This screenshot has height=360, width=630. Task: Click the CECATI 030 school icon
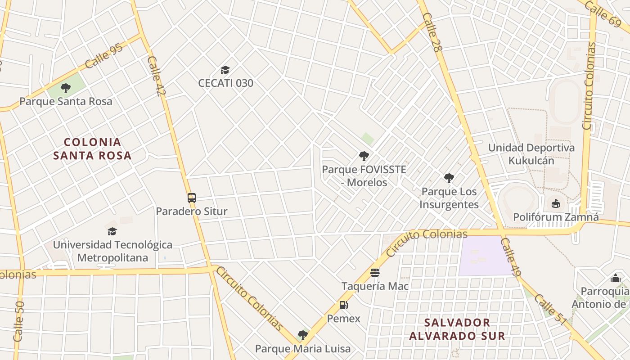coord(225,70)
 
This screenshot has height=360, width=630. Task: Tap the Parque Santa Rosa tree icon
coord(66,88)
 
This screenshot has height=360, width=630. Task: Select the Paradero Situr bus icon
coord(192,198)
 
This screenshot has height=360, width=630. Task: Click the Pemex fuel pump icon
coord(343,305)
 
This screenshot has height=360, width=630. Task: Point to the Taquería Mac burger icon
coord(374,273)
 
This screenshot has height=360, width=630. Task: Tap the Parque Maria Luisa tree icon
coord(303,335)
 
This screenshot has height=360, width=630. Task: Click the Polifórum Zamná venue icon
coord(556,204)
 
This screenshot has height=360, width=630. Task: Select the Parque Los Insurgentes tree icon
coord(449,178)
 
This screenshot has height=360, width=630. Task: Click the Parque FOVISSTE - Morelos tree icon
coord(364,157)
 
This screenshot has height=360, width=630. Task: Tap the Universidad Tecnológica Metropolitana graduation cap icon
coord(112,231)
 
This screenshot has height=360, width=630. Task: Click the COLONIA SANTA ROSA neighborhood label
coord(93,149)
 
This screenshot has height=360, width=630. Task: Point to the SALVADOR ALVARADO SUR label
coord(457,329)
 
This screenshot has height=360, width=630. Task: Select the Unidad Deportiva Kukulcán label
coord(531,154)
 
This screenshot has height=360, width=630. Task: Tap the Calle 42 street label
coord(154,76)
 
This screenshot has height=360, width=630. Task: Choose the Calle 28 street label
coord(431,32)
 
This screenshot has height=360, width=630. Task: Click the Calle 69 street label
coord(603,13)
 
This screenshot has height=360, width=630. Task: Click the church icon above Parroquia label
coord(615,278)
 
